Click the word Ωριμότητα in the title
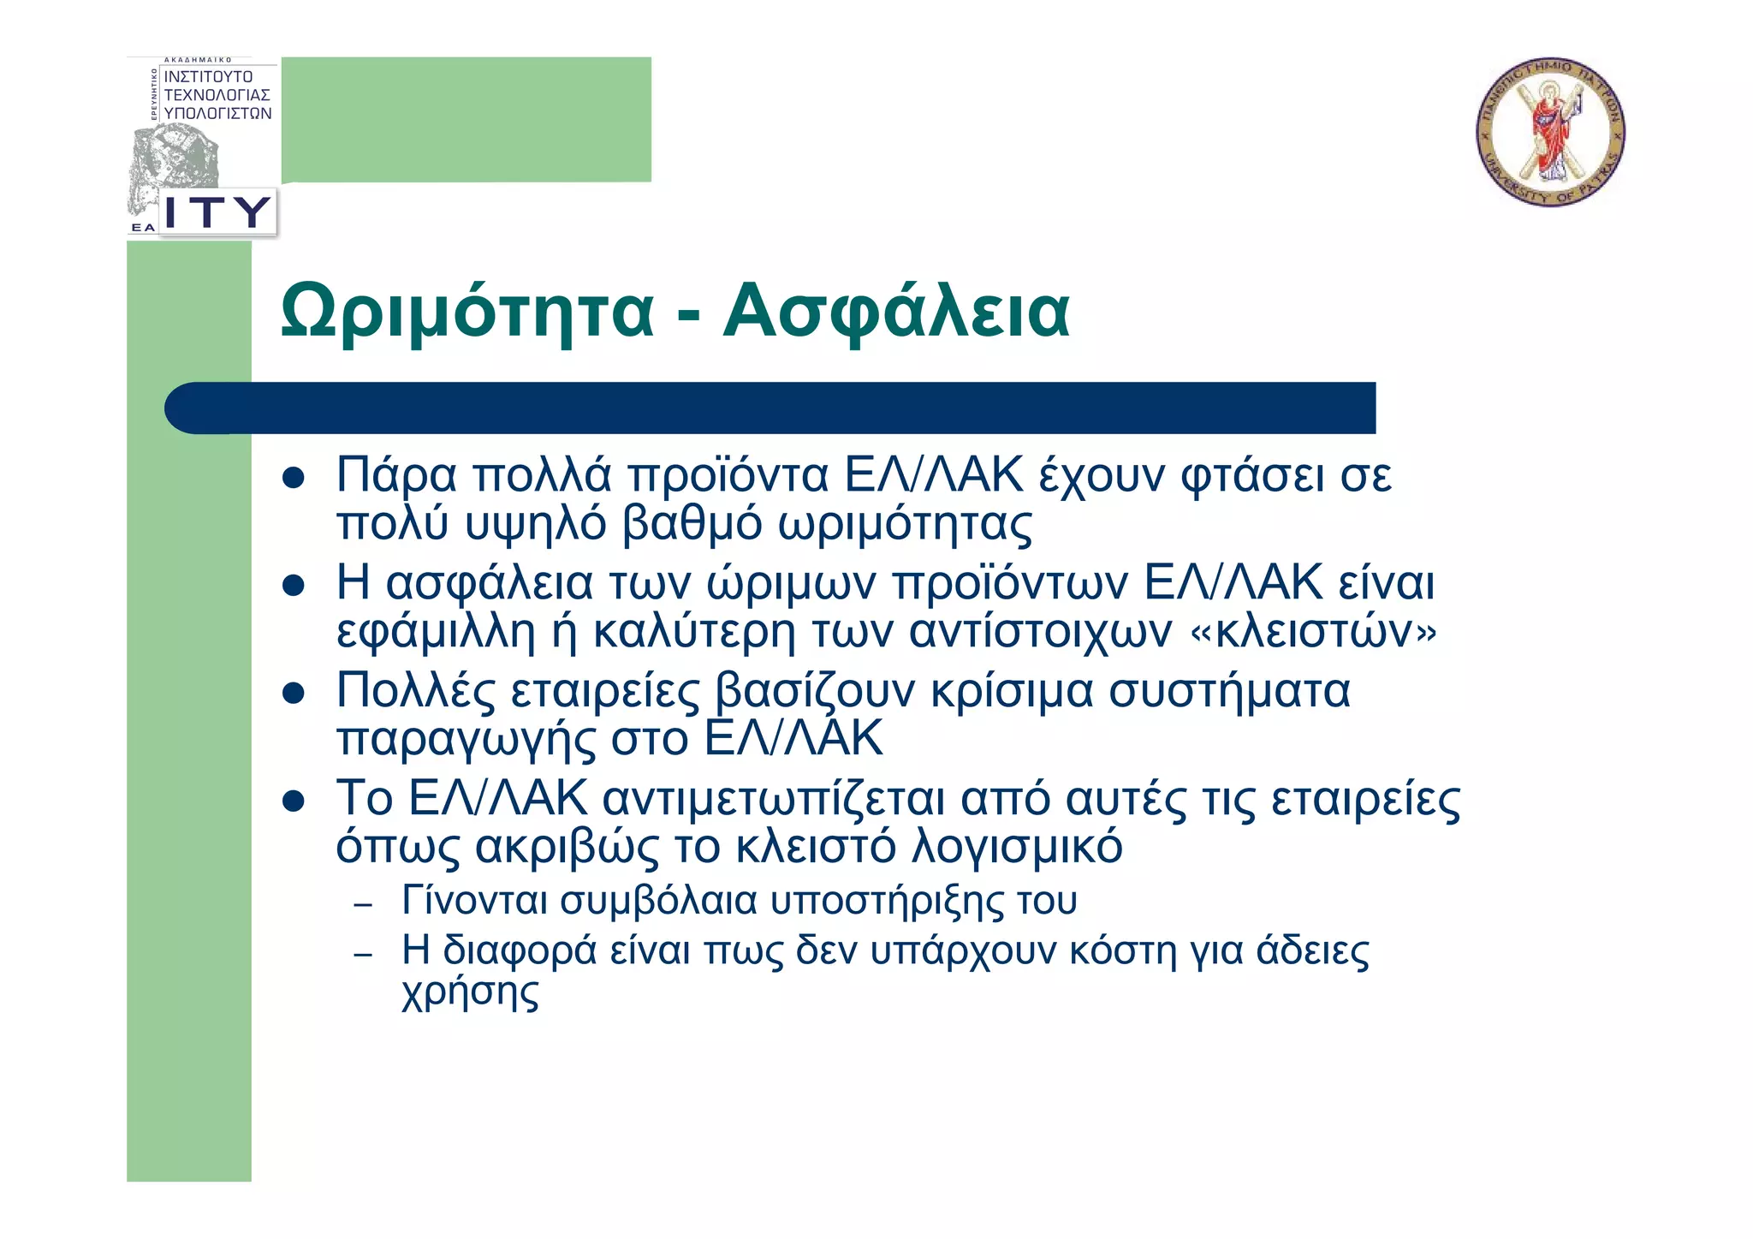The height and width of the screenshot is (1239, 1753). (467, 312)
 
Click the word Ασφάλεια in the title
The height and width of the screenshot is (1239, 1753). (896, 312)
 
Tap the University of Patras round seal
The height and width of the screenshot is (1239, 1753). (1550, 132)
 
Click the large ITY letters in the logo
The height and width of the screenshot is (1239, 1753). (217, 211)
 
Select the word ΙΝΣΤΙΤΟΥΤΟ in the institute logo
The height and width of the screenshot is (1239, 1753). (208, 77)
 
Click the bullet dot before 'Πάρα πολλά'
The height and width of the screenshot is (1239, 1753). (294, 478)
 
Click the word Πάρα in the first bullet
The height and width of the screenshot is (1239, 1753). (396, 476)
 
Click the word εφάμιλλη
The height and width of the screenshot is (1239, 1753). (436, 632)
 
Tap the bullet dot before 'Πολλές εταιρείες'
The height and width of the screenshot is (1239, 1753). (294, 693)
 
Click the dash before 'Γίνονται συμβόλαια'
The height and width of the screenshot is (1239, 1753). (363, 905)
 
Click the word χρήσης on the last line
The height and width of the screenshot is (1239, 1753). (470, 993)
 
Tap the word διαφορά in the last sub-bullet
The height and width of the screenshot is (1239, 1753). (520, 950)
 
